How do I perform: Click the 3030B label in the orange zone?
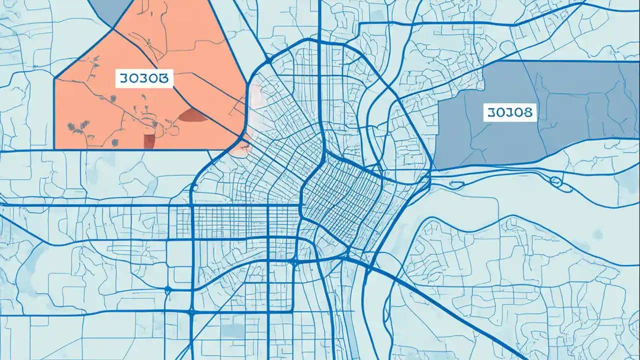(x=144, y=78)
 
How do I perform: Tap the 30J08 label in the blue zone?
(x=510, y=112)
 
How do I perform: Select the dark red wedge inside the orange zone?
(x=193, y=116)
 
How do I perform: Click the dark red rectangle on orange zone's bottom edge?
(x=149, y=141)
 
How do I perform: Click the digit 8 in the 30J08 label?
(x=528, y=112)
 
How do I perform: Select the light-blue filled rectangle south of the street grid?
(x=233, y=330)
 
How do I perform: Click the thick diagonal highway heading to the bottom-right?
(x=450, y=310)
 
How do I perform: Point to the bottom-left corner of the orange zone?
(x=54, y=148)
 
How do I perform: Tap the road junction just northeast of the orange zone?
(x=269, y=60)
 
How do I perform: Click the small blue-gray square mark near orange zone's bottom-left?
(x=115, y=143)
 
